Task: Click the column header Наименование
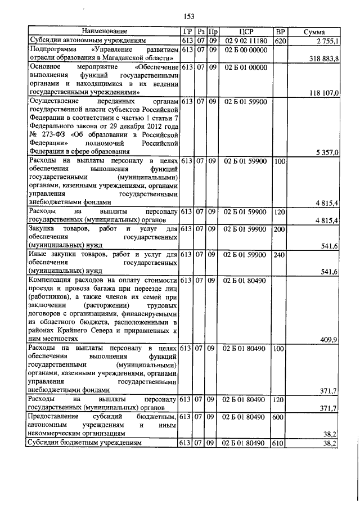tap(104, 31)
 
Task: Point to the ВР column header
tap(279, 31)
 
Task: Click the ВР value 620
tap(279, 40)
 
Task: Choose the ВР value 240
tap(279, 255)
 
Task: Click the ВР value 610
tap(279, 443)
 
